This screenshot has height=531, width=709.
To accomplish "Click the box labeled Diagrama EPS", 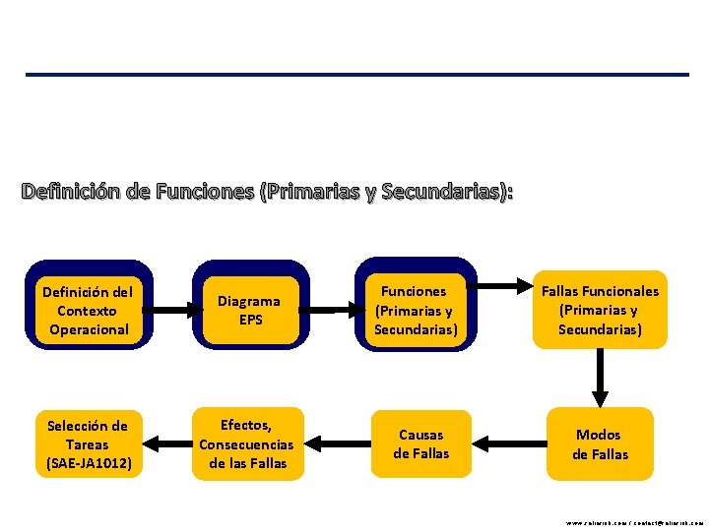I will [x=249, y=310].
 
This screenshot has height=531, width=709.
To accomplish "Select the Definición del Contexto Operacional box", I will [x=88, y=310].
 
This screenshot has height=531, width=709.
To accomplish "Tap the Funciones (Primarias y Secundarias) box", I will [x=416, y=310].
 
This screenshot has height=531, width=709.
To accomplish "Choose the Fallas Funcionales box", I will [x=600, y=310].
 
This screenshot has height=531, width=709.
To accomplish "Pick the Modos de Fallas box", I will [x=600, y=443].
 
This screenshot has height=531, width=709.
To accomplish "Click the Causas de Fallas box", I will [x=420, y=443].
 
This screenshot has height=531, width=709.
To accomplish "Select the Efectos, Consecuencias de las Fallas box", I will [x=246, y=443].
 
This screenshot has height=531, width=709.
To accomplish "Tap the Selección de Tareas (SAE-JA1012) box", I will [x=88, y=443].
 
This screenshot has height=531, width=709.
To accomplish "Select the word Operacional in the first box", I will [x=89, y=329].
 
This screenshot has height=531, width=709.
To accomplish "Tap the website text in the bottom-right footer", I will [x=634, y=523].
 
